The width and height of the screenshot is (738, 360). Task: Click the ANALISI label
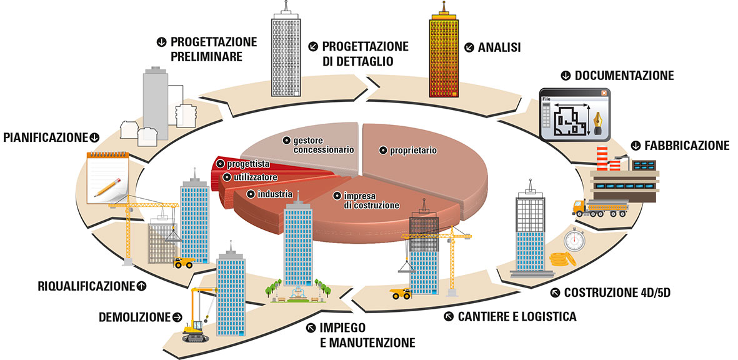click(499, 47)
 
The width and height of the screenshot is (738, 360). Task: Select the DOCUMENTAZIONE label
click(624, 76)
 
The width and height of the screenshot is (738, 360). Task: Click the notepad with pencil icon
click(109, 175)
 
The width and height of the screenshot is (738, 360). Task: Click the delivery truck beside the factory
click(599, 207)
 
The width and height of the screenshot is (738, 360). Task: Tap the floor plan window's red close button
click(604, 93)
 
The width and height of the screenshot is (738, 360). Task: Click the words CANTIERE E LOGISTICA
click(517, 316)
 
